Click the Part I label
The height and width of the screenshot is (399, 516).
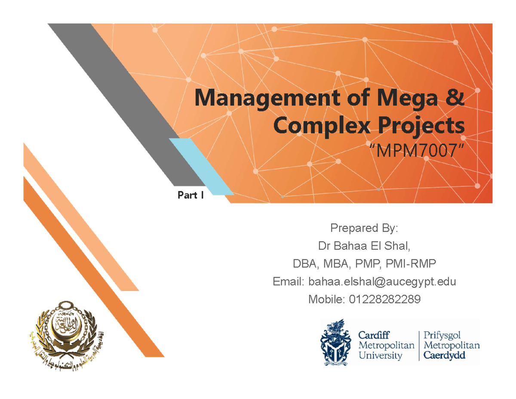tap(191, 196)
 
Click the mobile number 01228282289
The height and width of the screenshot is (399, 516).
tap(384, 300)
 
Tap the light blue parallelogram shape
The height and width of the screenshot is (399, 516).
tap(202, 166)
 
